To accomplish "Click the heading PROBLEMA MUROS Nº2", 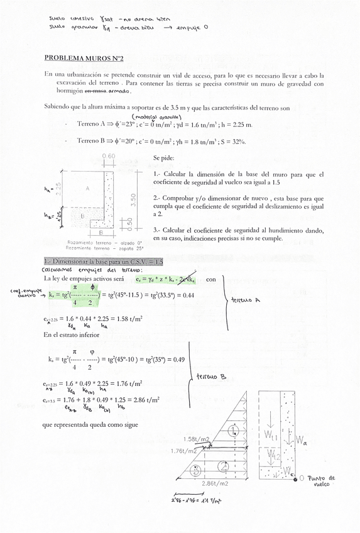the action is (x=84, y=58).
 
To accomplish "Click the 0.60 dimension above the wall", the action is (x=108, y=157).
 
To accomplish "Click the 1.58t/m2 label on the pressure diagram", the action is (x=195, y=439).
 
